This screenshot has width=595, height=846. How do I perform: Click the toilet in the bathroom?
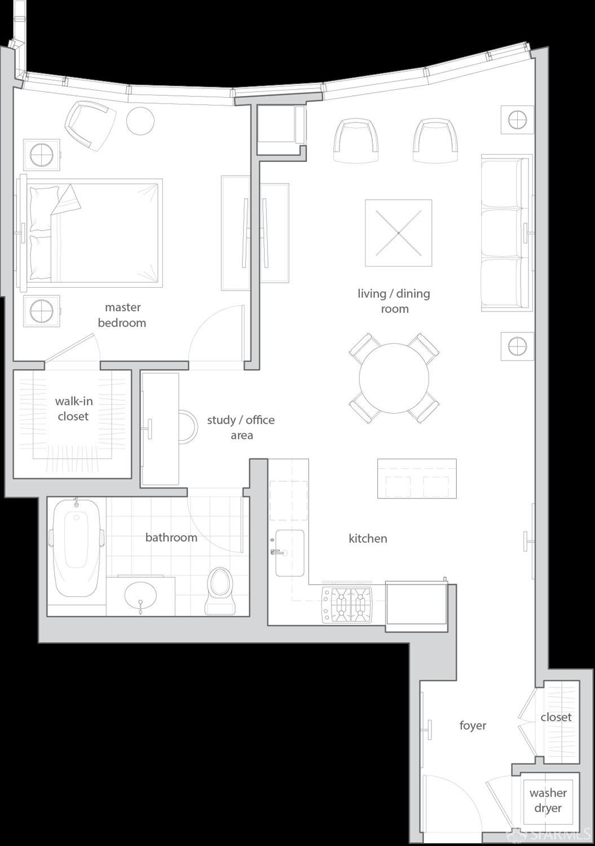[220, 590]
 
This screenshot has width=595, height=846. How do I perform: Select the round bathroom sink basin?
[140, 594]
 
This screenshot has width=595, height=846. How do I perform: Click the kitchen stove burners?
[347, 604]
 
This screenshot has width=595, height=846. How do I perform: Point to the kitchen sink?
[290, 553]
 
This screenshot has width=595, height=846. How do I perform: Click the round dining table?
[394, 378]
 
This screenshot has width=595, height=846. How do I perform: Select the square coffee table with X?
[398, 233]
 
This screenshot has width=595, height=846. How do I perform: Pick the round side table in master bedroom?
[140, 120]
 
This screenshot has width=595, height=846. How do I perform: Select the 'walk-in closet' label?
[73, 409]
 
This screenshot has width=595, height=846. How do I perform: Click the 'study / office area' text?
[241, 427]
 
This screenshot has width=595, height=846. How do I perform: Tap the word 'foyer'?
[473, 725]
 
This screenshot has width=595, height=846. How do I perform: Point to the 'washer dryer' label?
[548, 800]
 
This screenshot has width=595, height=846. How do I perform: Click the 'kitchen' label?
[368, 538]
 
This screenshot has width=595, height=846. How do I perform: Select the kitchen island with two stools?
[417, 479]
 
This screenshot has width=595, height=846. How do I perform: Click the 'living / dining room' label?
[394, 301]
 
